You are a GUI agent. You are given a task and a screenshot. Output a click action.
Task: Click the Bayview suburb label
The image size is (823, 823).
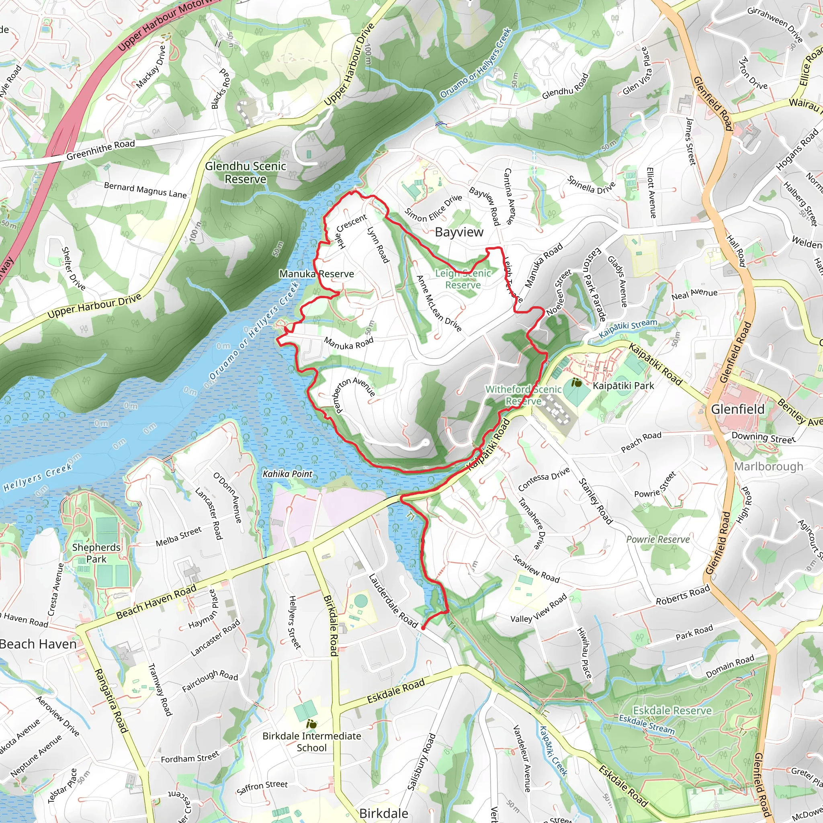coord(459,232)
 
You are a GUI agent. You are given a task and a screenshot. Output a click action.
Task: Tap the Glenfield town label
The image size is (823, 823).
coord(738,409)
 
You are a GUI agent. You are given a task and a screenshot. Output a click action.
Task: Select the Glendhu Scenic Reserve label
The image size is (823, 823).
coord(246,172)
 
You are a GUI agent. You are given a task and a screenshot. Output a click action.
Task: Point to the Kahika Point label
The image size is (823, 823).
coord(288,474)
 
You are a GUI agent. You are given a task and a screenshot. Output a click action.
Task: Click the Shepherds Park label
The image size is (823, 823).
coord(96,553)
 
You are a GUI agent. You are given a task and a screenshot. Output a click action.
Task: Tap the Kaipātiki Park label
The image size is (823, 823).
coord(623,386)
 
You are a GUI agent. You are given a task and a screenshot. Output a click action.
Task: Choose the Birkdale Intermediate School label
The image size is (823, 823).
coord(311,742)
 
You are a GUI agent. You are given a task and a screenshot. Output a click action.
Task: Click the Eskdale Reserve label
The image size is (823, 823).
coord(672,710)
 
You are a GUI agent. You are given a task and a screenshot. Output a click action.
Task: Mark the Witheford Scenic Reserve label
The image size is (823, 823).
coord(524,395)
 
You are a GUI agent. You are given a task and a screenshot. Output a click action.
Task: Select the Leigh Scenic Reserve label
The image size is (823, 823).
coord(463,279)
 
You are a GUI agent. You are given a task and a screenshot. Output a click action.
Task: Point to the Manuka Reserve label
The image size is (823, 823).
coord(317,274)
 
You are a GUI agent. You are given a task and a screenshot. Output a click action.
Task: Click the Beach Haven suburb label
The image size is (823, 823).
coord(38,644)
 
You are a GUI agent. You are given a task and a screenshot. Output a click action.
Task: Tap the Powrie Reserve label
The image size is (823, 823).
coord(658,539)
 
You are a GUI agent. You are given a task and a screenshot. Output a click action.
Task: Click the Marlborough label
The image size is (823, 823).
coord(768,467)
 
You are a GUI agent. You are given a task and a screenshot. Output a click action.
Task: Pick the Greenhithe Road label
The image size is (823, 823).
coord(100,150)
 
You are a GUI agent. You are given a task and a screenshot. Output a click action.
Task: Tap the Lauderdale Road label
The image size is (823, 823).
coord(393,601)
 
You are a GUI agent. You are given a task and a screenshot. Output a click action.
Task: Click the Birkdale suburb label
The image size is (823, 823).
coord(384,813)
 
